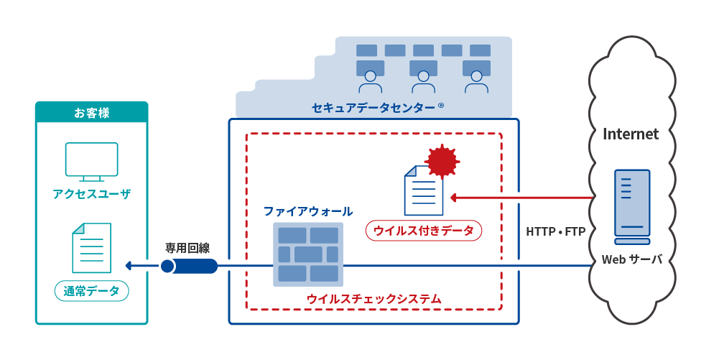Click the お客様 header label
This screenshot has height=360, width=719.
92,113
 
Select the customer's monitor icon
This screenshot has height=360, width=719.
92,160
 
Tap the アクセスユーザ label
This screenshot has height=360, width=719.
92,194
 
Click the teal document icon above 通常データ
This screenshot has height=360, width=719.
92,247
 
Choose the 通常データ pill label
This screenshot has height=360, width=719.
92,291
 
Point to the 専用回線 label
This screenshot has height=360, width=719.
187,249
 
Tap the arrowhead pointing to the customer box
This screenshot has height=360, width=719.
130,266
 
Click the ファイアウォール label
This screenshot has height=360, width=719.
307,211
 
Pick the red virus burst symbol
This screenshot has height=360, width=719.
442,161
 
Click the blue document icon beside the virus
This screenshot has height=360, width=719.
424,190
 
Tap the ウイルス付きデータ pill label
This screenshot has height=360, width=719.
424,231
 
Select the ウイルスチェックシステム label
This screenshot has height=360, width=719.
374,297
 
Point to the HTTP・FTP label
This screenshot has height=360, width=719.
556,231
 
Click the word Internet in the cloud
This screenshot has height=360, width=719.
631,134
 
